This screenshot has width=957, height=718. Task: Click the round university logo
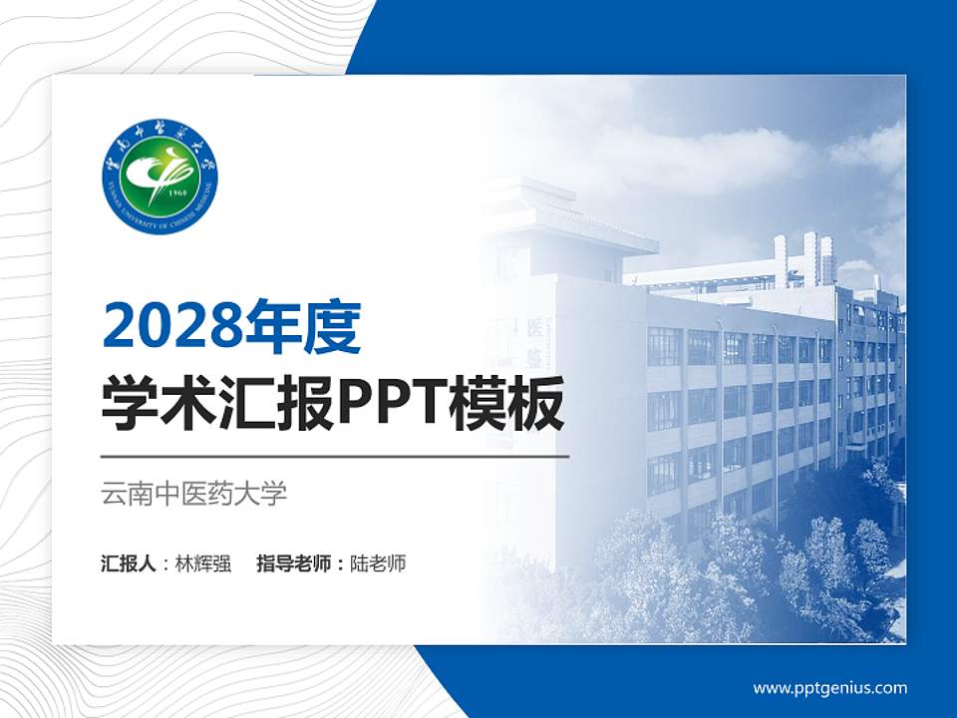point(159,177)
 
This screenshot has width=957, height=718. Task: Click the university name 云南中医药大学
point(194,494)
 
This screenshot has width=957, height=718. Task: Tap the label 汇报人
point(129,563)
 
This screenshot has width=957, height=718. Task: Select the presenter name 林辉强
point(203,563)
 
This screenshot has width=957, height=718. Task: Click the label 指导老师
point(295,563)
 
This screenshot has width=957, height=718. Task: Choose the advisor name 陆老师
point(379,563)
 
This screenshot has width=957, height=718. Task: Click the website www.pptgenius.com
point(830,687)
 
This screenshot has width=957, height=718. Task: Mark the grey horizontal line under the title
point(335,457)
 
